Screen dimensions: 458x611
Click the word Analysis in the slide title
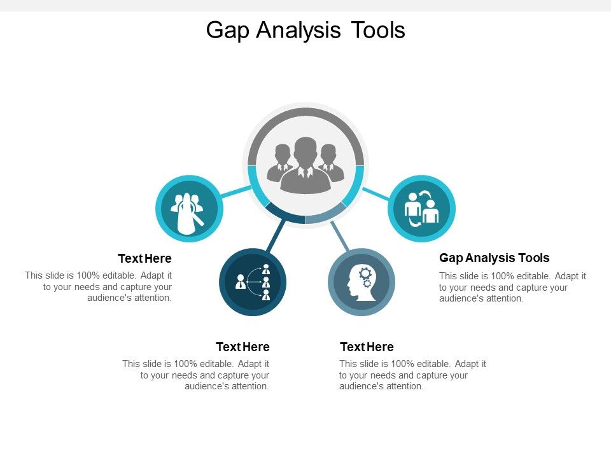[x=299, y=31]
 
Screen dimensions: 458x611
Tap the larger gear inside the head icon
[x=365, y=274]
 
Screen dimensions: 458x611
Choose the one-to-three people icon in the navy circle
[x=253, y=282]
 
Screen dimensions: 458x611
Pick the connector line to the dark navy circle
[x=275, y=236]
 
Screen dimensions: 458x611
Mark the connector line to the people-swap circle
[x=376, y=193]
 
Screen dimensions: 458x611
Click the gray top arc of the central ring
[x=305, y=112]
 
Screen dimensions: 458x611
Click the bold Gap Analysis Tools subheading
[x=494, y=258]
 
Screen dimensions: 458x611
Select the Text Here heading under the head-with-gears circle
[x=367, y=347]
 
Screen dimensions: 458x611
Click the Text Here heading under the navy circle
[x=242, y=347]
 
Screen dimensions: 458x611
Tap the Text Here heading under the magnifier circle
[x=144, y=259]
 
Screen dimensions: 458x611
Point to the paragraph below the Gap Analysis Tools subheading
[x=512, y=287]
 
